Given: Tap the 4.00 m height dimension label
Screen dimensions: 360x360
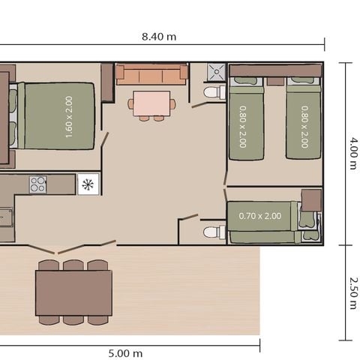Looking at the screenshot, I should (x=351, y=153).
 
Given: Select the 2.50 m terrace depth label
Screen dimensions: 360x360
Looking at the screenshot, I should (x=351, y=292).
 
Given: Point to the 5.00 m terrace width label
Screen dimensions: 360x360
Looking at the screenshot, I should (x=125, y=352).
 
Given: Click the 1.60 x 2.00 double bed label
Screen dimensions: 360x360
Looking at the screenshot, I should (x=68, y=116).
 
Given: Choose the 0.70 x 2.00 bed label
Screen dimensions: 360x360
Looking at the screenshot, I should (x=259, y=216).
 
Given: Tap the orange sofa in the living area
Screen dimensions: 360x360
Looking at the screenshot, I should (x=151, y=74).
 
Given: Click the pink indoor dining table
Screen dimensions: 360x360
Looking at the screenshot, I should (x=151, y=101).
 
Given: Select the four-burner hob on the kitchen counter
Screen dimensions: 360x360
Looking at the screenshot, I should (x=37, y=184).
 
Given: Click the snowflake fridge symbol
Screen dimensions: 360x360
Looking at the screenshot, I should (x=88, y=184).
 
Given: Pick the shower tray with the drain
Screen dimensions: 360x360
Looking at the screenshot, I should (x=217, y=73).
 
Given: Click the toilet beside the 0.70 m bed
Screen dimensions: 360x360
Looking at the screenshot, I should (x=214, y=232).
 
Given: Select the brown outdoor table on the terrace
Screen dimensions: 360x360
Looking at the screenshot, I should (x=73, y=292).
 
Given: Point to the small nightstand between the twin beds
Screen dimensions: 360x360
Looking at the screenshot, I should (x=275, y=81).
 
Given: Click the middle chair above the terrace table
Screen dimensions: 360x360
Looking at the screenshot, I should (x=73, y=265).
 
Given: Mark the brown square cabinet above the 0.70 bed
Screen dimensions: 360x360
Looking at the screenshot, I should (x=311, y=199).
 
